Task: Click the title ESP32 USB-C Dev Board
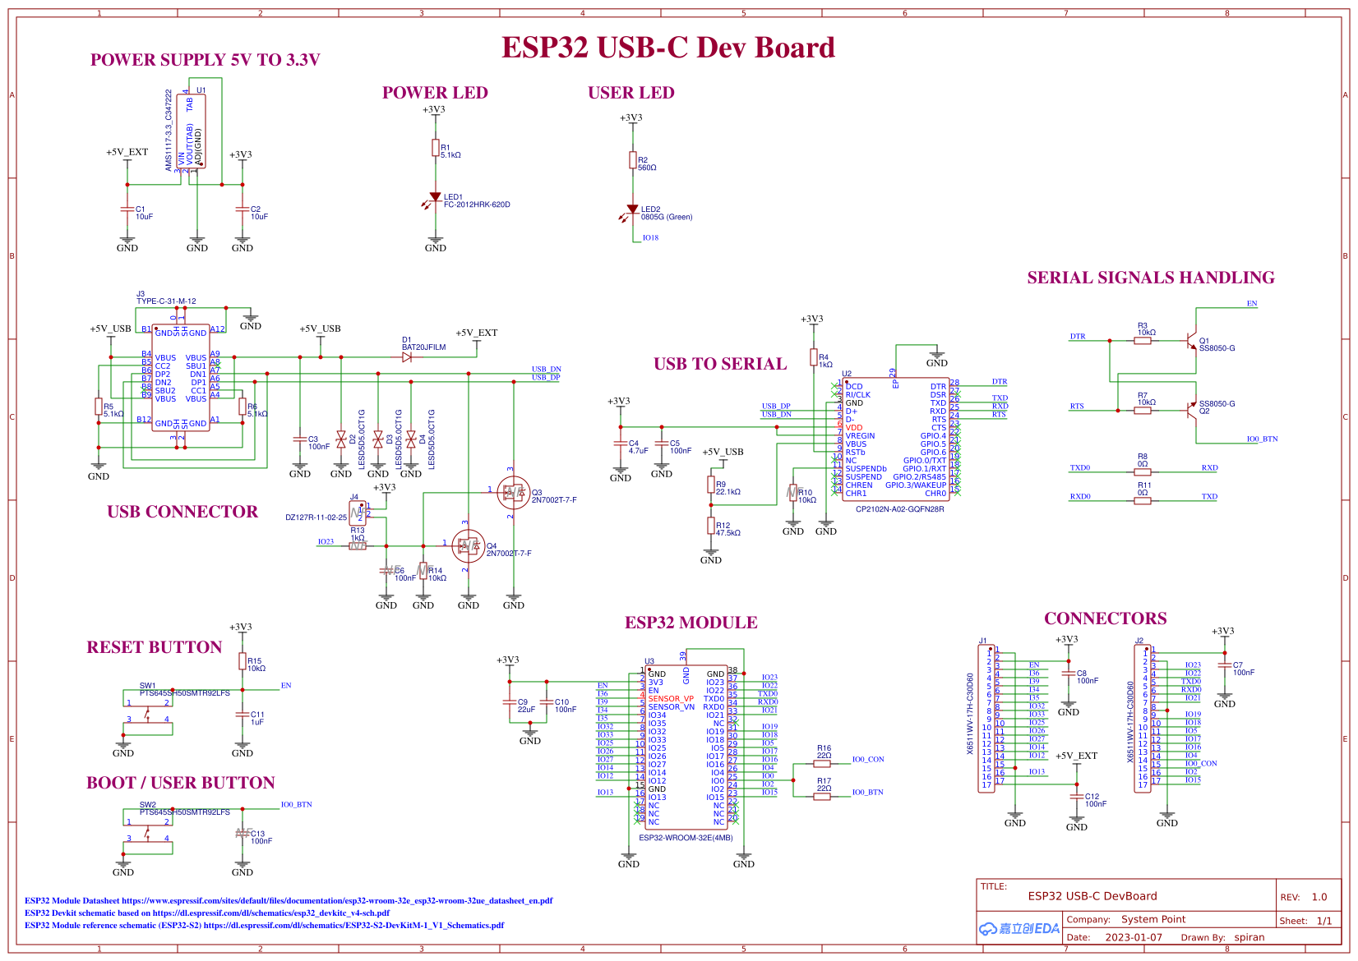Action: [x=667, y=48]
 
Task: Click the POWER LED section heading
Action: [x=435, y=93]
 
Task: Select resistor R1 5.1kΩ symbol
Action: [x=436, y=148]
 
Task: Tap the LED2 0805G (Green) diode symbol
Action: [x=632, y=210]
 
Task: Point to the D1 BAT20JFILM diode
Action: [x=408, y=357]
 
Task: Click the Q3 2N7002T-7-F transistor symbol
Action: [x=513, y=493]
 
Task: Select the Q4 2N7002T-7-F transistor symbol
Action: [x=468, y=546]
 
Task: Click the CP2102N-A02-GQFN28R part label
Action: [x=899, y=509]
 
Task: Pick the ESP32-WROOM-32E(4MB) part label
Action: [x=686, y=838]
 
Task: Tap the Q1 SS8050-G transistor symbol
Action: [x=1191, y=341]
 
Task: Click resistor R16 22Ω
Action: [x=822, y=764]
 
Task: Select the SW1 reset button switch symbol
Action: [x=148, y=711]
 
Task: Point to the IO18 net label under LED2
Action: [x=650, y=238]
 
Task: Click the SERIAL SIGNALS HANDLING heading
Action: [x=1150, y=278]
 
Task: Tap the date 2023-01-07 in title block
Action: [x=1133, y=937]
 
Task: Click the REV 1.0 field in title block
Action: [x=1319, y=897]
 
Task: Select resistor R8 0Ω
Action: [x=1143, y=472]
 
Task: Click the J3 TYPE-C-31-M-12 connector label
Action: [x=166, y=301]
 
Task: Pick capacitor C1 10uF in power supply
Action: [x=127, y=211]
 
